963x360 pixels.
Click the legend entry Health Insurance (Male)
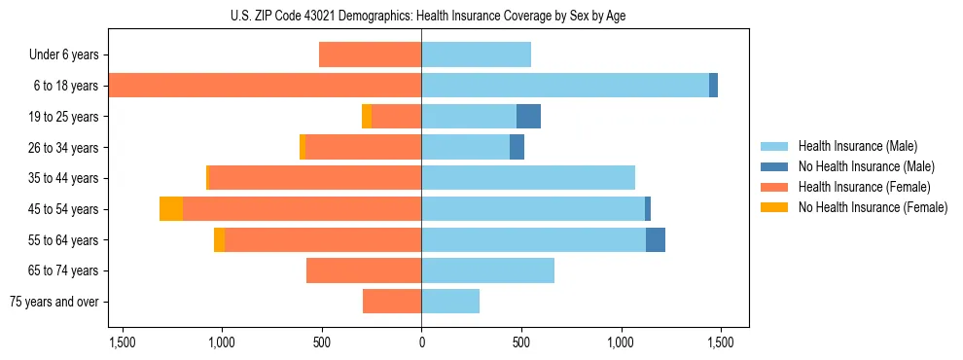(x=857, y=146)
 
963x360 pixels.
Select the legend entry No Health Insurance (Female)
(x=873, y=207)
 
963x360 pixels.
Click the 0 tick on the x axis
(x=421, y=343)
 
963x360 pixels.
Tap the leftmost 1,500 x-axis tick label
(x=123, y=343)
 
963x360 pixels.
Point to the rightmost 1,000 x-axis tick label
(x=621, y=343)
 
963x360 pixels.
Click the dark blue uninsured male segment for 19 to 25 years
(x=528, y=117)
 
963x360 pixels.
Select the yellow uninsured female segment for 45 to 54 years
(x=171, y=209)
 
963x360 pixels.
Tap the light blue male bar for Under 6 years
(x=476, y=54)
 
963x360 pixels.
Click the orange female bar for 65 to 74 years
(x=364, y=270)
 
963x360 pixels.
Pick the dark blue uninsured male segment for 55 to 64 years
(x=656, y=240)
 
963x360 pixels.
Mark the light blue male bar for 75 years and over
(x=450, y=302)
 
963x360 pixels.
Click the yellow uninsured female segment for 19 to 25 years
(x=367, y=117)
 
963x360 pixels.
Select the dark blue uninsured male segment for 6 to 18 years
(x=713, y=86)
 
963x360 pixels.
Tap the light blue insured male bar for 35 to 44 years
(x=528, y=178)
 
